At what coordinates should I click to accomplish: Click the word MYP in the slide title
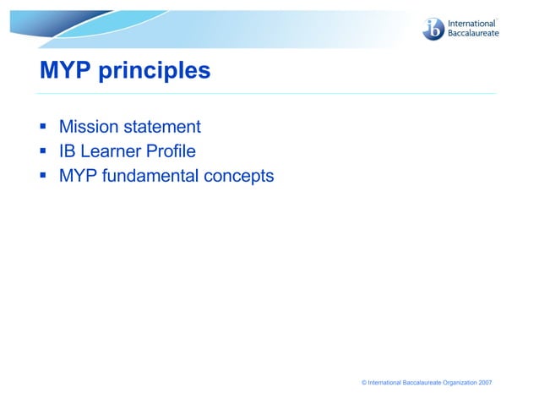(x=66, y=71)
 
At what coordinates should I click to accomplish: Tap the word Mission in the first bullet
(x=89, y=128)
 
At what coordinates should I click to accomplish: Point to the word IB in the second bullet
(x=67, y=152)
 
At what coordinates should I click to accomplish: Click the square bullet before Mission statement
(x=42, y=128)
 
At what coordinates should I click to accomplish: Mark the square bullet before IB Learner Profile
(x=42, y=152)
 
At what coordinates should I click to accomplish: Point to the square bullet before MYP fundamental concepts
(x=42, y=177)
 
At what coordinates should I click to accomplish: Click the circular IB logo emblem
(x=433, y=29)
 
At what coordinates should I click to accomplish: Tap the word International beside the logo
(x=471, y=24)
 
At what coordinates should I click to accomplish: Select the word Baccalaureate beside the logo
(x=474, y=34)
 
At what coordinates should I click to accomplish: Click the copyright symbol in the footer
(x=364, y=383)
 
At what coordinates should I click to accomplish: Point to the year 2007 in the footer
(x=485, y=383)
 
